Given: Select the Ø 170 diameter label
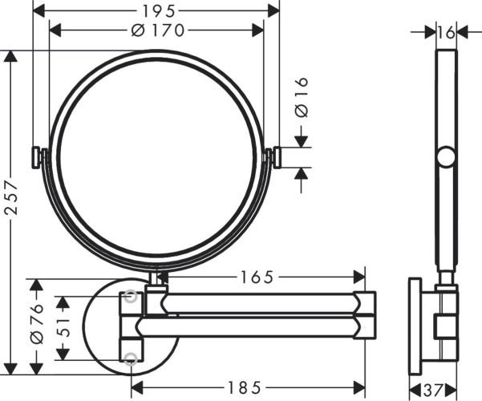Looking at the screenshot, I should (156, 30).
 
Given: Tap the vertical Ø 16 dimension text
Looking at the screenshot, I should (302, 99).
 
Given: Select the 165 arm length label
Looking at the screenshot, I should (256, 277).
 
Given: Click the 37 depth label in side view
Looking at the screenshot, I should (433, 390).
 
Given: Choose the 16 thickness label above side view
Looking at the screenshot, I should (446, 32).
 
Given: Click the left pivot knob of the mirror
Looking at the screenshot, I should (36, 157).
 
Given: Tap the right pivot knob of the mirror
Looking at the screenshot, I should (277, 157).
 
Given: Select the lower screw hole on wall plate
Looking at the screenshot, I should (131, 357).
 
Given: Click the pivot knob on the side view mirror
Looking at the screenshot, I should (445, 157).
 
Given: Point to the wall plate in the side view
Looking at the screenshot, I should (415, 327).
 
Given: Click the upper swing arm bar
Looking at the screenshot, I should (257, 303).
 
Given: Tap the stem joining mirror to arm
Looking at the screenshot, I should (157, 279).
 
